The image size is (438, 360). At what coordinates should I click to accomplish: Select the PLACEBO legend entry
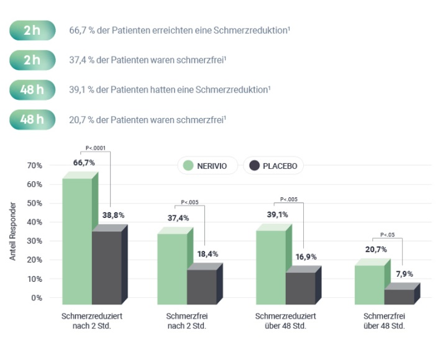(273, 166)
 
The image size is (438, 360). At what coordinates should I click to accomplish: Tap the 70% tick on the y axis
(34, 166)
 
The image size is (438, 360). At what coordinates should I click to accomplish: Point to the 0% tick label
(38, 298)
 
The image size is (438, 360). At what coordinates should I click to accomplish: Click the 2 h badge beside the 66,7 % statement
(32, 30)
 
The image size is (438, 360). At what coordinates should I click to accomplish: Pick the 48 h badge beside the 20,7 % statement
(32, 119)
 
